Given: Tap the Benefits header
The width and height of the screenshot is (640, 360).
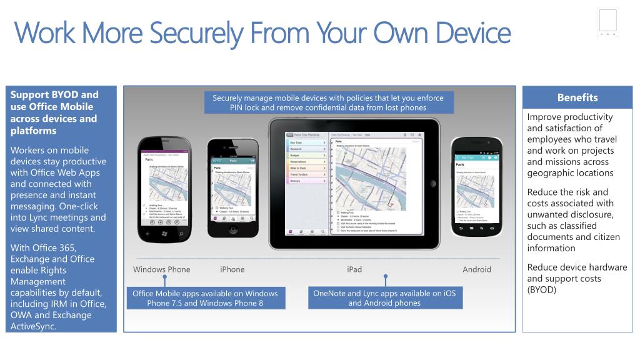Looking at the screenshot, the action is coord(577,97).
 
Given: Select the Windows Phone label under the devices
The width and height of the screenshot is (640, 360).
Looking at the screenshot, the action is coord(161,269).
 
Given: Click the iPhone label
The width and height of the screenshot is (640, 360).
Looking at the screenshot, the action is coord(232,269).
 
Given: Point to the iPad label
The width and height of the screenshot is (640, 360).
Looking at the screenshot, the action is coord(354,269).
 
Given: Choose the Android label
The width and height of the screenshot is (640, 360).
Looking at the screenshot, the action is coord(476,269).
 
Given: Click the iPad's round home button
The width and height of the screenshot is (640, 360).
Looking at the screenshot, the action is coord(432,183).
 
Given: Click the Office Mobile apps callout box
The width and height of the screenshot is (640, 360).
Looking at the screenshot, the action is coord(205,298).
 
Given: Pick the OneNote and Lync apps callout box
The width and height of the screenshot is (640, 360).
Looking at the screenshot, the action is coord(384,298).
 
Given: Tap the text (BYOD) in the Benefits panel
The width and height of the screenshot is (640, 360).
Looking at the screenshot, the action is coord(541,290).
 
